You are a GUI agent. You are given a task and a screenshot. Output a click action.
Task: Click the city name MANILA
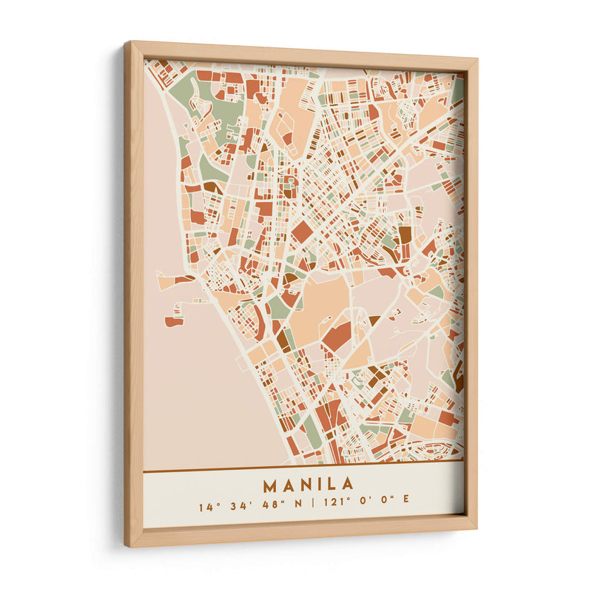[x=308, y=485]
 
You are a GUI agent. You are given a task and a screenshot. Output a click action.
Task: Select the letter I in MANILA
[x=314, y=485]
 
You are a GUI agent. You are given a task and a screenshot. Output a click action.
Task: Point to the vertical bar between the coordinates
[x=312, y=508]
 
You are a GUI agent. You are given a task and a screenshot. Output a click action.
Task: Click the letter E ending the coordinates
[x=406, y=508]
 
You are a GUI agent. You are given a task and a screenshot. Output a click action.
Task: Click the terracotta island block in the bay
[x=174, y=321]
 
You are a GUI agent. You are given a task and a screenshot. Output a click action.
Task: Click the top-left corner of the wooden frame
[x=127, y=44]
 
